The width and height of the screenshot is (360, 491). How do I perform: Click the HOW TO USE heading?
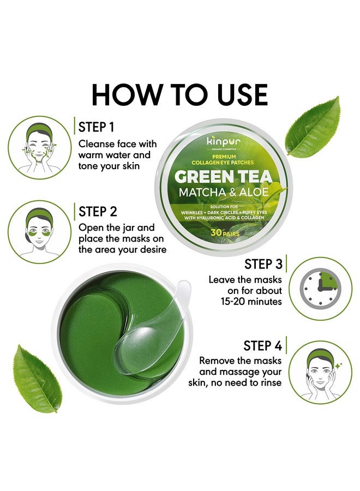tap(179, 94)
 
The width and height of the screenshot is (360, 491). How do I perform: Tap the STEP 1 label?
tap(97, 127)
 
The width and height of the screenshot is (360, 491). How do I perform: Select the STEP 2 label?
tap(98, 211)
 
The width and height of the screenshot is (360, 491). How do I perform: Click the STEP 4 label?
tap(263, 345)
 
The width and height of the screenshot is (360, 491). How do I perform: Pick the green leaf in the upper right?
tap(315, 128)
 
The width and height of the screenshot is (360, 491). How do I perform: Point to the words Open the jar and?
tap(117, 227)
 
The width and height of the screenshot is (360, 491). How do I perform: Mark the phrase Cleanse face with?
tap(117, 144)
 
